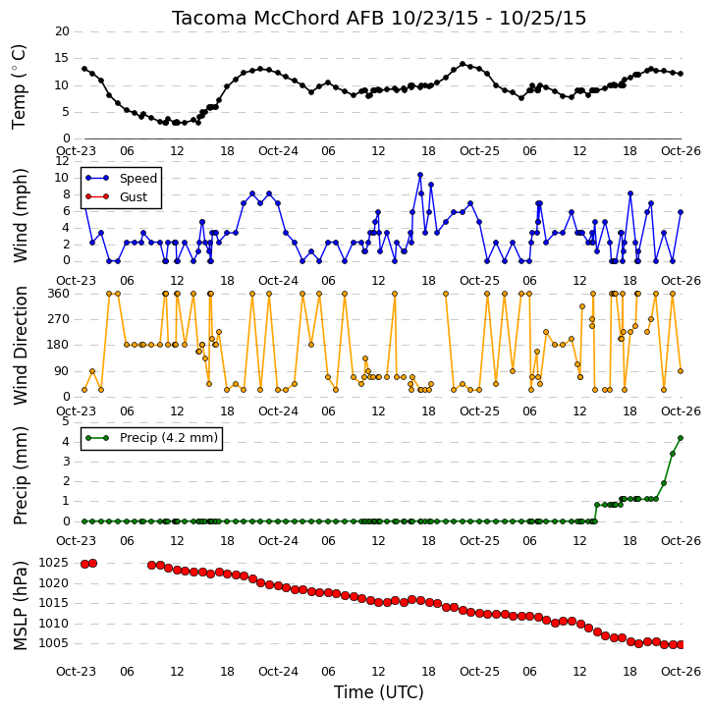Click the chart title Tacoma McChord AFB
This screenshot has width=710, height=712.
279,18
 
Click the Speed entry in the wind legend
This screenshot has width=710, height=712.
138,179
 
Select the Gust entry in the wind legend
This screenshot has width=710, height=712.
134,197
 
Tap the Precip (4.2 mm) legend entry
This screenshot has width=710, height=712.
169,438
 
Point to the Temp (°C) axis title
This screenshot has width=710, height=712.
19,86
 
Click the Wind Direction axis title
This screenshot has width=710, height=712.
20,346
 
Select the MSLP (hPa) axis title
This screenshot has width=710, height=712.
20,605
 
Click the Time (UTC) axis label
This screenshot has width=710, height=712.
379,692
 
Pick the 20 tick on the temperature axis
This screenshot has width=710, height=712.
62,31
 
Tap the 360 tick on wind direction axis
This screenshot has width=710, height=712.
59,294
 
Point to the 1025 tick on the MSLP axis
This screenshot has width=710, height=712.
54,563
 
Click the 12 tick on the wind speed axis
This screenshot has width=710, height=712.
62,161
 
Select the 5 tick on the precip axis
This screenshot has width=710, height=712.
66,422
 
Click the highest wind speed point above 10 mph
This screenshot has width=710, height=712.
420,175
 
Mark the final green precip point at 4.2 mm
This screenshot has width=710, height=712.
681,438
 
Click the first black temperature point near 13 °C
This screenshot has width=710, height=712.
84,69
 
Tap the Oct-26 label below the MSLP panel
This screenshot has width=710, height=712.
681,672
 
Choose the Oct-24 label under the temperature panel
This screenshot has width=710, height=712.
278,151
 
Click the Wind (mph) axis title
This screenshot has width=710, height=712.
20,216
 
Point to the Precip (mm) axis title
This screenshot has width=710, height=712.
20,475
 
